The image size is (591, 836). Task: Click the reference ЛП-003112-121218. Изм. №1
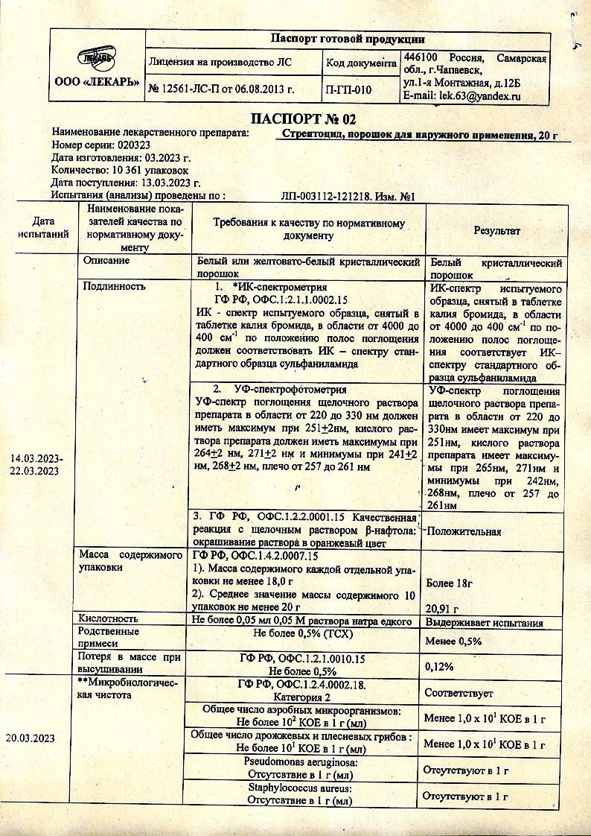[348, 197]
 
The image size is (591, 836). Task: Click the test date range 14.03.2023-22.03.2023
[36, 465]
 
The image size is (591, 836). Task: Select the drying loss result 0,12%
[439, 667]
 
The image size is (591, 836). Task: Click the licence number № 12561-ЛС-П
[191, 90]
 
